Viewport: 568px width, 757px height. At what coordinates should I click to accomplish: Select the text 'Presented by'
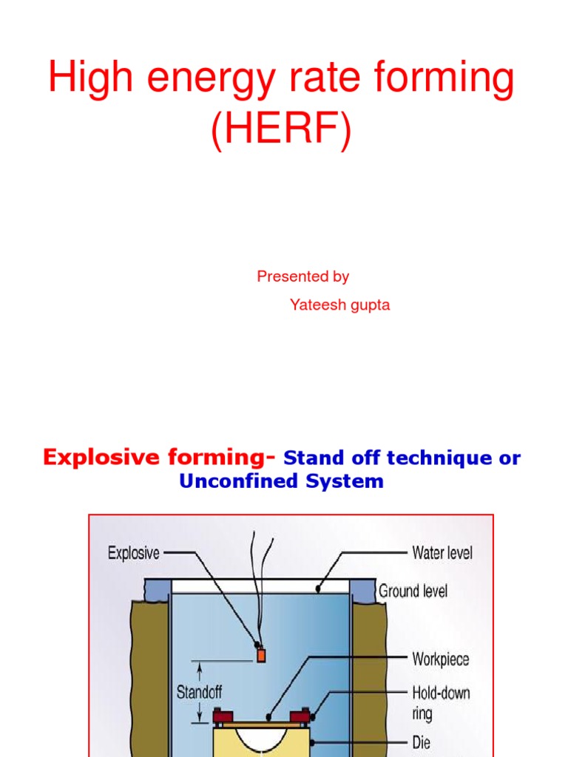pos(302,276)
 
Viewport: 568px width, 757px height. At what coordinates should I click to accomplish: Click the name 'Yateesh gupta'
pos(339,304)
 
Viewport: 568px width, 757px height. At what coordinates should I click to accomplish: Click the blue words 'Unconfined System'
pos(281,481)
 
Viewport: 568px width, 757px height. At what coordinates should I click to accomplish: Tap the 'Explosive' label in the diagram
pos(134,552)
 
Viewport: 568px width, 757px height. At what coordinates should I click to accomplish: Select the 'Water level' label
pos(442,552)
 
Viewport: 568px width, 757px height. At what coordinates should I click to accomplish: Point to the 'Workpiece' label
pos(440,659)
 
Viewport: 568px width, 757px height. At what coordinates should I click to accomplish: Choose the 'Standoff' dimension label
pos(199,693)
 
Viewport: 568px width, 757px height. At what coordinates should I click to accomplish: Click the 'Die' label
pos(421,741)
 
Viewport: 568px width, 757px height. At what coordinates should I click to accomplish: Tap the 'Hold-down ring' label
pos(440,703)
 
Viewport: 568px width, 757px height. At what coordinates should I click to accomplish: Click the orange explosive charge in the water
pos(260,654)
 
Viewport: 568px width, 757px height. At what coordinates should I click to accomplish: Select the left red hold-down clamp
pos(219,716)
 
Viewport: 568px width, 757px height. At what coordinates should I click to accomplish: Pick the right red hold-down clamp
pos(302,716)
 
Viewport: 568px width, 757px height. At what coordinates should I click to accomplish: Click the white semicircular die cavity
pos(260,739)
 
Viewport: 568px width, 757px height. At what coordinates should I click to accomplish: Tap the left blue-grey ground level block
pos(158,589)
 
